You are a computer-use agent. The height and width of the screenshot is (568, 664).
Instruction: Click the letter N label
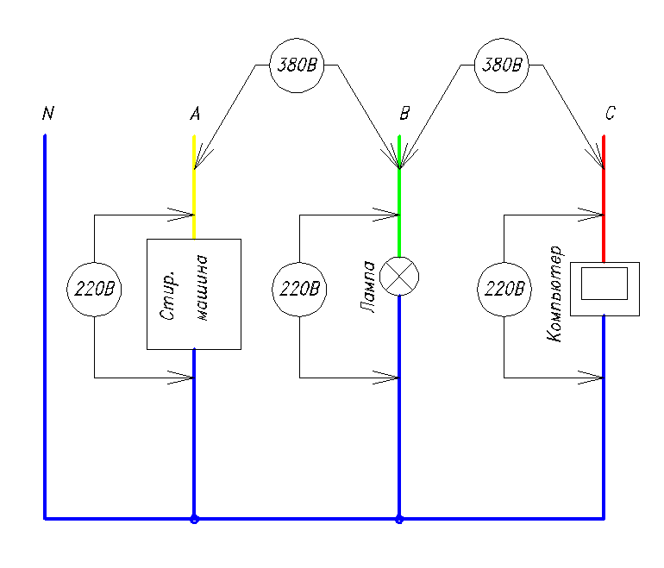click(48, 113)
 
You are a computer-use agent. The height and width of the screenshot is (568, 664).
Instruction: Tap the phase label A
click(195, 114)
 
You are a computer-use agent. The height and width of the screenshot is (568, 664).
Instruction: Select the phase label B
click(404, 114)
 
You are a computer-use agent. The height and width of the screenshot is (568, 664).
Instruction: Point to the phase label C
click(611, 113)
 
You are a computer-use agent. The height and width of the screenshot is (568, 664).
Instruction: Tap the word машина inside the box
click(203, 288)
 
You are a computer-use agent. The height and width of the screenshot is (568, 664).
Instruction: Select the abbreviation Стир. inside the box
click(167, 295)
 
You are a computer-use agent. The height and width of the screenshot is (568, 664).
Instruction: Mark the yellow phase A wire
click(194, 187)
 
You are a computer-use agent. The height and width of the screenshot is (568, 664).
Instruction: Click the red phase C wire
click(604, 199)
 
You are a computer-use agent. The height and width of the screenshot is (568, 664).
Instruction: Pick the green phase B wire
click(399, 196)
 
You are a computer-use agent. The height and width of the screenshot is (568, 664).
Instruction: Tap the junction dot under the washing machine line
click(194, 519)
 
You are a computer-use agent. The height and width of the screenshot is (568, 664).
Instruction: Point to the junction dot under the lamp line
click(399, 519)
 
